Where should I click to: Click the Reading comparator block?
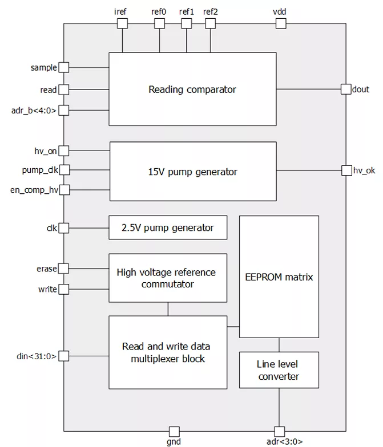point(192,89)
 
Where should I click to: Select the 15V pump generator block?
point(193,171)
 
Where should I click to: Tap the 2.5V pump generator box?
point(168,227)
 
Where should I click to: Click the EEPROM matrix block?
point(279,277)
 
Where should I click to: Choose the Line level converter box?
point(279,370)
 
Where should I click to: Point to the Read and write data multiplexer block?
point(167,353)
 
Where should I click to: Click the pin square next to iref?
point(122,23)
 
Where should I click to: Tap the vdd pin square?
point(280,23)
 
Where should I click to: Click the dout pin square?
point(346,89)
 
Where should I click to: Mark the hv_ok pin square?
point(346,170)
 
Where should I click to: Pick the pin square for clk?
point(64,228)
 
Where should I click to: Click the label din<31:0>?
point(37,356)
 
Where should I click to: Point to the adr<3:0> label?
point(280,441)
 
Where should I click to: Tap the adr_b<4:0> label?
point(34,110)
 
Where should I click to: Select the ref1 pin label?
point(187,11)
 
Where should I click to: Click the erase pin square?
point(64,268)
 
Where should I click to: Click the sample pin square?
point(64,67)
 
